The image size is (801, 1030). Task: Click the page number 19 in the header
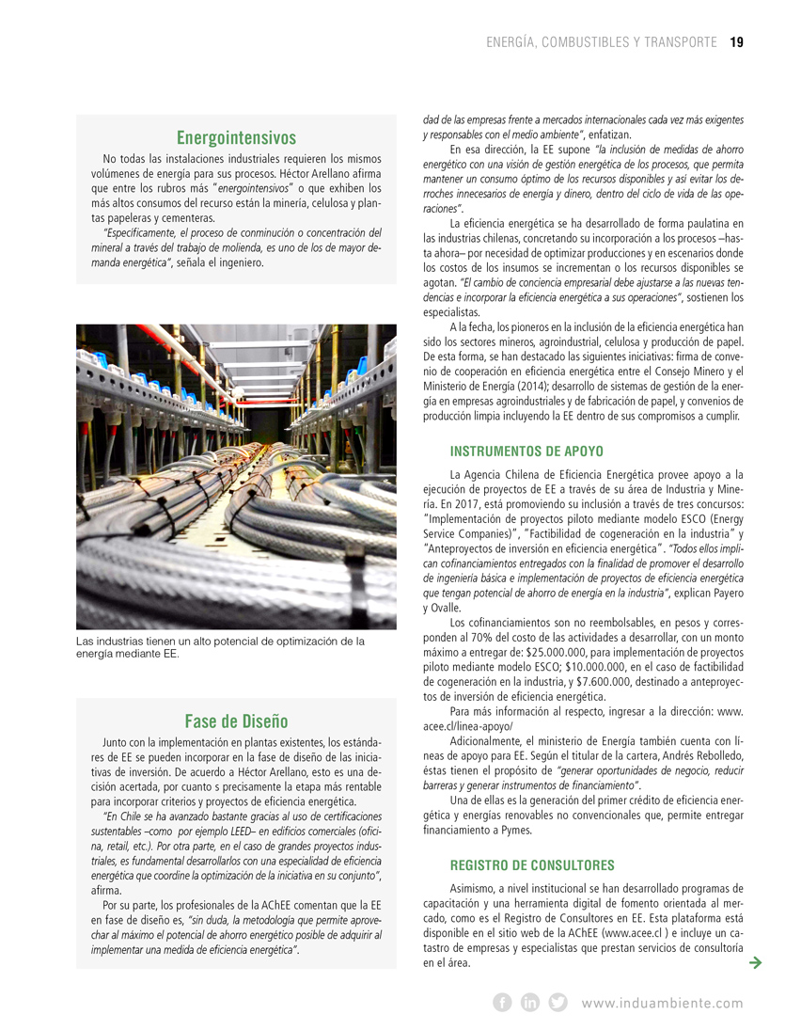736,41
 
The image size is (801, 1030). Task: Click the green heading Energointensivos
236,138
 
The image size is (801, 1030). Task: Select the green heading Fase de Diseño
236,721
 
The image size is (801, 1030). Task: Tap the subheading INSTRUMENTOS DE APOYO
526,452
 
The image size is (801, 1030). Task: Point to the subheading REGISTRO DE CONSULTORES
532,864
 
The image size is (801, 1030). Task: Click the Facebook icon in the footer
502,1003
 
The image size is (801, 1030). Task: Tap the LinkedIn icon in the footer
530,1003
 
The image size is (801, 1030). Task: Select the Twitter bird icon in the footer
558,1003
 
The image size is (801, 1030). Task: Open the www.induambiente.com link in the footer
662,1004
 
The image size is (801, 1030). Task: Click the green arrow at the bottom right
755,962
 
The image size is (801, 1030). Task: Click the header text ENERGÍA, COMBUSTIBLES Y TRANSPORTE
602,41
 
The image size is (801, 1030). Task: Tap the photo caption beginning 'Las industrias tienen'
219,647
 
